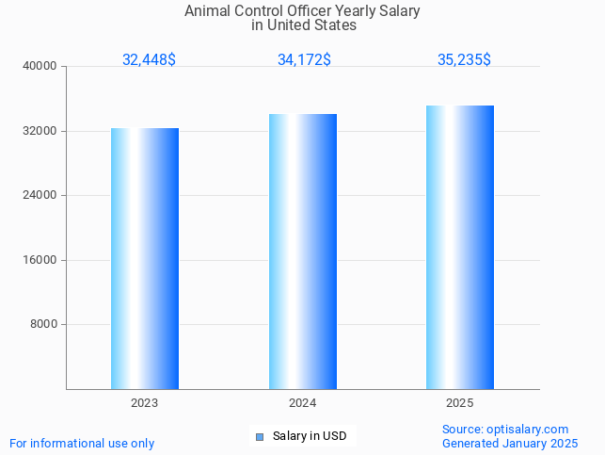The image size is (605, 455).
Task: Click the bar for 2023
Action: point(145,258)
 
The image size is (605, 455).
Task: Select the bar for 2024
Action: point(303,252)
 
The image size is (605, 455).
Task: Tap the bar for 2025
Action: point(460,247)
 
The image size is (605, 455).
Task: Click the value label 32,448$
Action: point(149,59)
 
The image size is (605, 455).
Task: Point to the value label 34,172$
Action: point(304,59)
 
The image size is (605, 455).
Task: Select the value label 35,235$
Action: point(464,59)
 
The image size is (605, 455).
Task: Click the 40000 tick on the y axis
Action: point(40,66)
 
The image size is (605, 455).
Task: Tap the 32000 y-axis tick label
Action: point(40,131)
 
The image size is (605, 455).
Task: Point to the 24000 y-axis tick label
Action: point(40,195)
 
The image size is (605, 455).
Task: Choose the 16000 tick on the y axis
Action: point(40,260)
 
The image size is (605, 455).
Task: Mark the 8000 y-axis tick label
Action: point(43,324)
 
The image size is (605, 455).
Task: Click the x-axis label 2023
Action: point(145,403)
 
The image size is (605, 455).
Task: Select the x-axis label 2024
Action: point(303,403)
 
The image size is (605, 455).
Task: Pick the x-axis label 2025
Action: point(460,403)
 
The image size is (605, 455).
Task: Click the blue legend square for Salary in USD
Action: point(260,436)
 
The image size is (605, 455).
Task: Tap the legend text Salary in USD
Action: point(310,436)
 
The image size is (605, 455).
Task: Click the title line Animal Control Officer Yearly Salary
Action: point(302,11)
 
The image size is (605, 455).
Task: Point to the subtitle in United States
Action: point(303,25)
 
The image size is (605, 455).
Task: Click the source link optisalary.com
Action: point(527,430)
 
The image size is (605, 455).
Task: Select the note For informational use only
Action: point(82,443)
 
